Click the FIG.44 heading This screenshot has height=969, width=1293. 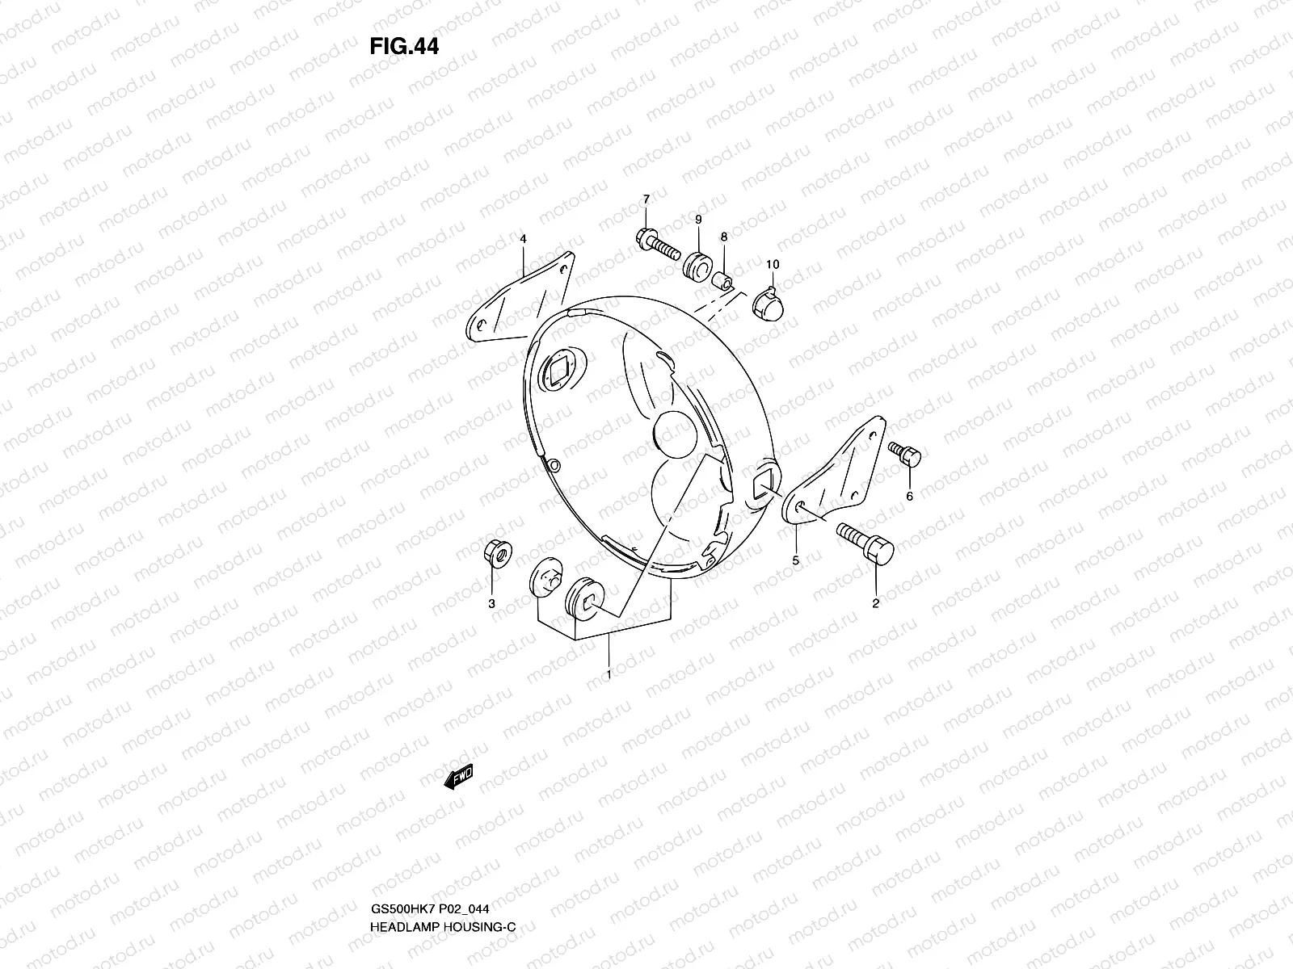coord(404,46)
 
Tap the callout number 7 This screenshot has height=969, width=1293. coord(646,199)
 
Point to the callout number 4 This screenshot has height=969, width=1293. coord(523,239)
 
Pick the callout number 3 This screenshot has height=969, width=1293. coord(491,603)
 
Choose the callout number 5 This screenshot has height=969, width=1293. coord(796,560)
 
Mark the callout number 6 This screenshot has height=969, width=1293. coord(909,497)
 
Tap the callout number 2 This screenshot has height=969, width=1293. coord(875,602)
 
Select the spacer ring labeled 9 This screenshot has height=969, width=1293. coord(697,263)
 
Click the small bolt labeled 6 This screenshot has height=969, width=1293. coord(905,454)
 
